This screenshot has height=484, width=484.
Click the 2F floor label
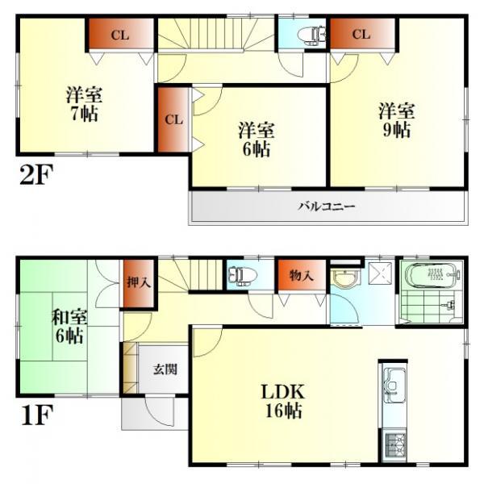36,174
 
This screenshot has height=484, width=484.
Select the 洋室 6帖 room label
255,139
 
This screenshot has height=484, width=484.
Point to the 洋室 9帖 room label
397,119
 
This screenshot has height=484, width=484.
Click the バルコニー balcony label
326,206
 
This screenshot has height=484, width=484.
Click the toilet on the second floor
310,35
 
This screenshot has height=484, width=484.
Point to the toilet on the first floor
241,276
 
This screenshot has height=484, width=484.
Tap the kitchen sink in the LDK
393,385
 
